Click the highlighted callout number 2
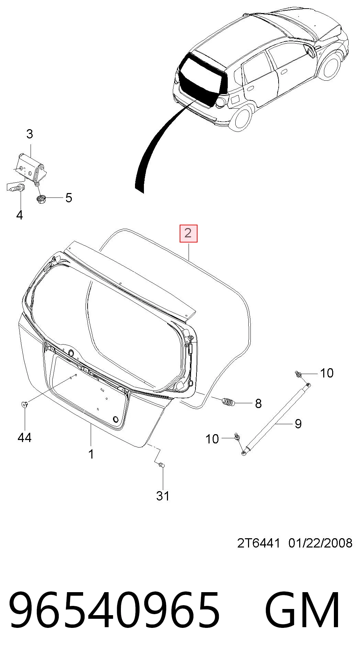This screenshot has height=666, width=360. [x=189, y=233]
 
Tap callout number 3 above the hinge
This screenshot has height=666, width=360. [x=30, y=134]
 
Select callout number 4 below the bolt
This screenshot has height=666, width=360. [x=19, y=215]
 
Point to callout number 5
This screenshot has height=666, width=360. [x=69, y=198]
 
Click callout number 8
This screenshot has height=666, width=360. [x=258, y=403]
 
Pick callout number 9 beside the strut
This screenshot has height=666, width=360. [x=298, y=424]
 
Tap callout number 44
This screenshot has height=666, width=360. [x=24, y=438]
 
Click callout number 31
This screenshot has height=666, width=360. [x=163, y=496]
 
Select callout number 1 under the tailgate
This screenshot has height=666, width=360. [x=91, y=454]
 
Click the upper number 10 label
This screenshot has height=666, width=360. [x=327, y=373]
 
